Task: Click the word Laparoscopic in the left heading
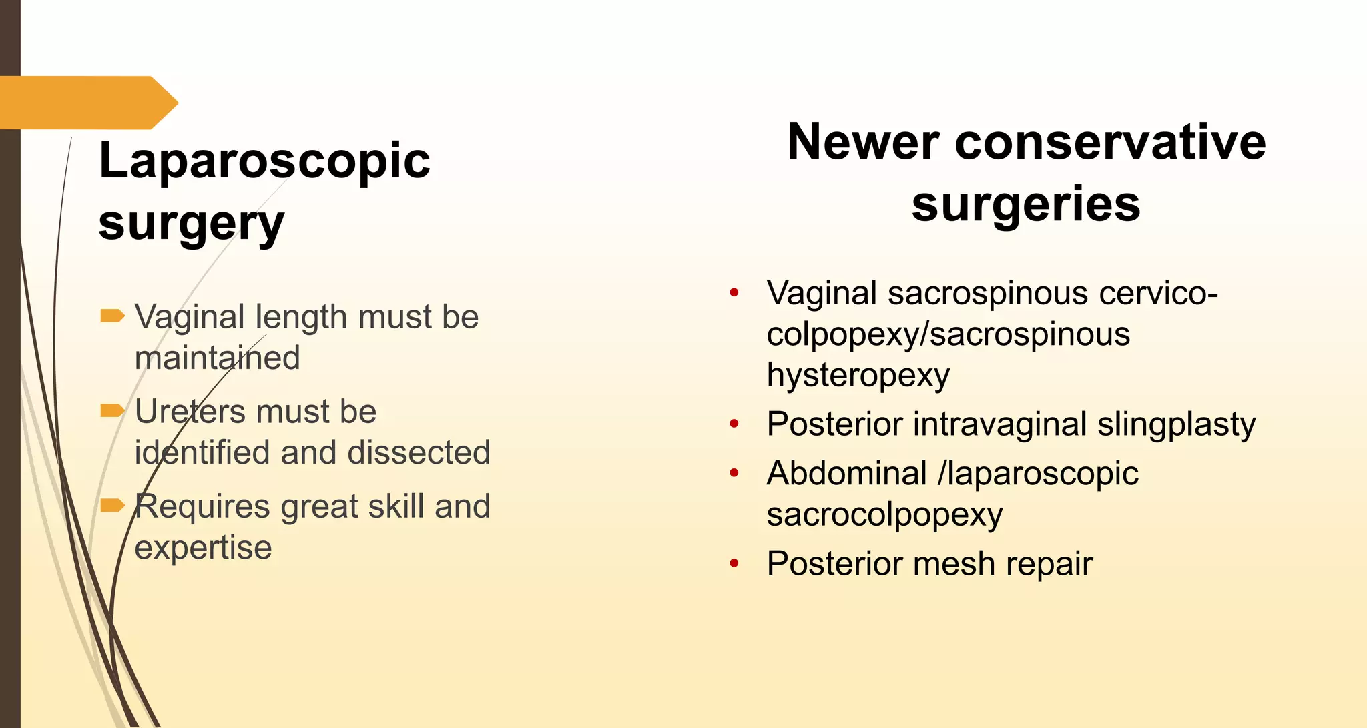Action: click(x=264, y=161)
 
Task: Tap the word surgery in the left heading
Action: click(x=191, y=224)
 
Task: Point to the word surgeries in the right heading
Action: click(x=1026, y=204)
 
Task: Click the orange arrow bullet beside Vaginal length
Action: click(x=112, y=316)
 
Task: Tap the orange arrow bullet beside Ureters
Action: click(x=112, y=410)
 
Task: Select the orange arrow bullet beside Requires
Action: click(x=112, y=505)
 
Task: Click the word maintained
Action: click(x=217, y=358)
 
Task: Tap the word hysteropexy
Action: click(x=858, y=376)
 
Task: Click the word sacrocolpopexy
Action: click(x=884, y=515)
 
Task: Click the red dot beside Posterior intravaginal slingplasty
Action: click(x=734, y=424)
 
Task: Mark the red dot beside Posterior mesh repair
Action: click(x=734, y=564)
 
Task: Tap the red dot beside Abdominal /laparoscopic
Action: click(x=734, y=473)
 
